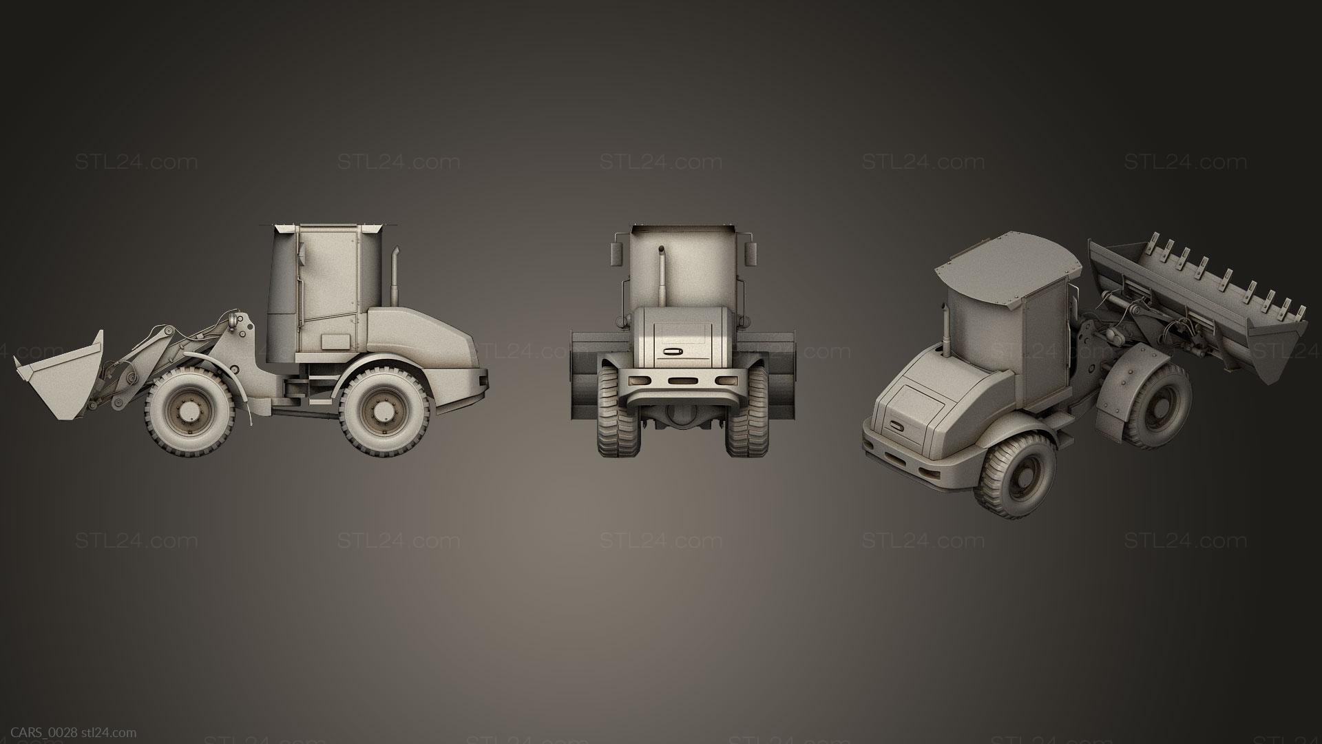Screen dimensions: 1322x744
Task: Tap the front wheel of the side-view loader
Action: pos(187,411)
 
